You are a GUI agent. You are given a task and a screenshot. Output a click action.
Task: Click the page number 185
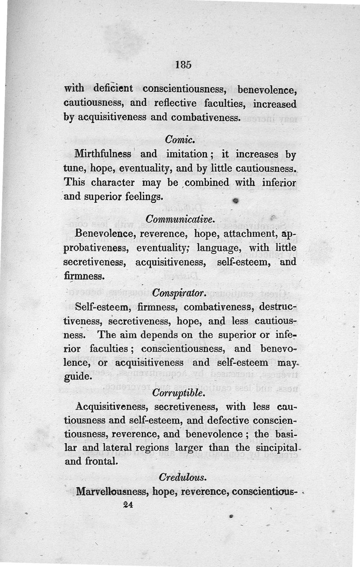pos(184,64)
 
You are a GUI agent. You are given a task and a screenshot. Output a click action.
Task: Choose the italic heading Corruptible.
pos(179,393)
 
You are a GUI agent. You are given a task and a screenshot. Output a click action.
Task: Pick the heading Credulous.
pos(180,476)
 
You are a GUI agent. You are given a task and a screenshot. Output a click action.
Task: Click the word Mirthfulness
pos(103,154)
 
